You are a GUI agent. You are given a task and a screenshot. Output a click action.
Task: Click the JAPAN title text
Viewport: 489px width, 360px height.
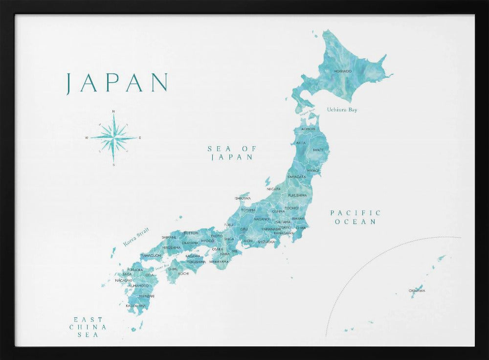click(117, 83)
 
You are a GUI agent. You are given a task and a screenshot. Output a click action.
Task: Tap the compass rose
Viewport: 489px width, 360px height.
click(113, 137)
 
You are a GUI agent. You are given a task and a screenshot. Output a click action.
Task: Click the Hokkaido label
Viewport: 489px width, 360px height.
click(343, 71)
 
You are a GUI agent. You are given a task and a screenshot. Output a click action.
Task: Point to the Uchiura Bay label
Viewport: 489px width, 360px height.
click(342, 110)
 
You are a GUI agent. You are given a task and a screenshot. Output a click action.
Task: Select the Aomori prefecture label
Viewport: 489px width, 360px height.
click(308, 129)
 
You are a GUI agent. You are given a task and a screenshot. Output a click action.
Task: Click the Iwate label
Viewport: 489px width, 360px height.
click(318, 150)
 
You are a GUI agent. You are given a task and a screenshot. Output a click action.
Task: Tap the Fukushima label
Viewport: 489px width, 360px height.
click(297, 195)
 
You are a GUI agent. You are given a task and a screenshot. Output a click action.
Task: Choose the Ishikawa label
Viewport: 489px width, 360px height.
click(243, 198)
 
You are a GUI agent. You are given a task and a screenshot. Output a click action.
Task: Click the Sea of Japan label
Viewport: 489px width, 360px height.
click(232, 153)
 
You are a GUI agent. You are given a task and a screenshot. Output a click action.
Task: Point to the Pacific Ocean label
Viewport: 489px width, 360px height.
click(355, 217)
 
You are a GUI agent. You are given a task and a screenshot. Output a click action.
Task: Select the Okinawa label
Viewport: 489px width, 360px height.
click(417, 291)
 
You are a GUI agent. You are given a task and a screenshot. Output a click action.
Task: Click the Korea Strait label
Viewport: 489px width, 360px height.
click(135, 237)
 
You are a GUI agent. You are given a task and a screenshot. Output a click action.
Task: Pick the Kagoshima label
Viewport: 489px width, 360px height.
click(135, 306)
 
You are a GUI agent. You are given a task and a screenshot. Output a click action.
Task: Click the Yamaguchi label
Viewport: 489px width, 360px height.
click(151, 255)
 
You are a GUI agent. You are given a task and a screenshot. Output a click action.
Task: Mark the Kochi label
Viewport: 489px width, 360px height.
click(183, 273)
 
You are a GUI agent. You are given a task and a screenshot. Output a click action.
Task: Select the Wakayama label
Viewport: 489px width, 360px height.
click(219, 262)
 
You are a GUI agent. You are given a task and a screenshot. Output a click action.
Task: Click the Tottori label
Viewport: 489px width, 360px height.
click(191, 233)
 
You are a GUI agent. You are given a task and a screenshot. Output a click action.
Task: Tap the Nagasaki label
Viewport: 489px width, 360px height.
click(124, 280)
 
